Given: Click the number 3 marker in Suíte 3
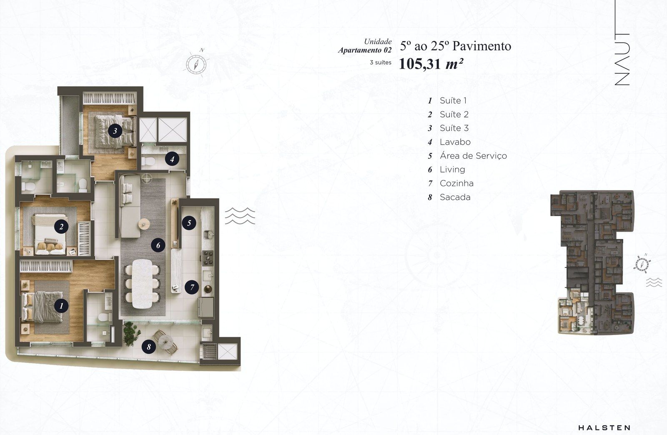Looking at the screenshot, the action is pyautogui.click(x=115, y=130).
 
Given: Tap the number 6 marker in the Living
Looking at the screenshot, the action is pyautogui.click(x=158, y=245).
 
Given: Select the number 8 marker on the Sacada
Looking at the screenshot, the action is pyautogui.click(x=148, y=346).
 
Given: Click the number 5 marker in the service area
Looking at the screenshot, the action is pyautogui.click(x=189, y=223).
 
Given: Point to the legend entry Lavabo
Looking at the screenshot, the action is pyautogui.click(x=455, y=142).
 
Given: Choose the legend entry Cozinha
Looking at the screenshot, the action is pyautogui.click(x=456, y=183).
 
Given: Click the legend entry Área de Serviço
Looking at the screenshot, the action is pyautogui.click(x=473, y=155).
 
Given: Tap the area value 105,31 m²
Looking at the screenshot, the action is pyautogui.click(x=431, y=64).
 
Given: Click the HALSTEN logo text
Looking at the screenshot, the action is pyautogui.click(x=604, y=428).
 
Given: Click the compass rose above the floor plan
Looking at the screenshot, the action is pyautogui.click(x=196, y=64).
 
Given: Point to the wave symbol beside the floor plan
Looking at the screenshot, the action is pyautogui.click(x=240, y=216).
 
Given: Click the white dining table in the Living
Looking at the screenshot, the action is pyautogui.click(x=142, y=284).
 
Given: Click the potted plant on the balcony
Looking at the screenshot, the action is pyautogui.click(x=131, y=334).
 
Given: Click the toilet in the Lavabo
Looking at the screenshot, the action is pyautogui.click(x=148, y=161).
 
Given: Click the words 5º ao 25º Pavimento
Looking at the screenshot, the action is pyautogui.click(x=456, y=46).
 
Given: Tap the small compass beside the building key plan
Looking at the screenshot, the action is pyautogui.click(x=642, y=264).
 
